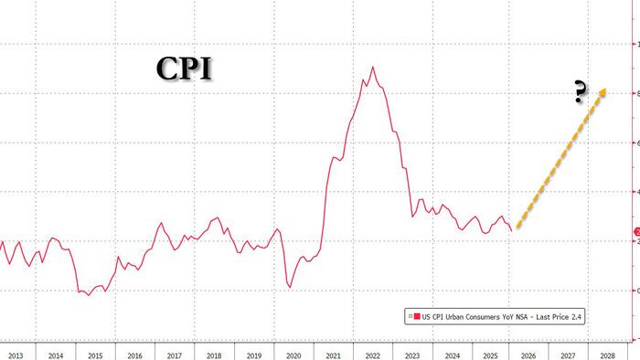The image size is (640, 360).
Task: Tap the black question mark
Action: (579, 93)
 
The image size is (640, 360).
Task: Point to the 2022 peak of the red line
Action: (372, 67)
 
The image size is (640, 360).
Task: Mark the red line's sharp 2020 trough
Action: (290, 287)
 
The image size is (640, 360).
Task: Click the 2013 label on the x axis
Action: (14, 354)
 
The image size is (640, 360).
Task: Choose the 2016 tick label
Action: (133, 354)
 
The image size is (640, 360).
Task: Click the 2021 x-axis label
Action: (332, 354)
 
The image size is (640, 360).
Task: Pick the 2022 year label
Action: (371, 354)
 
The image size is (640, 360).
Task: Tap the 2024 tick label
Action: (451, 354)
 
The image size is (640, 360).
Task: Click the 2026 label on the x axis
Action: (530, 354)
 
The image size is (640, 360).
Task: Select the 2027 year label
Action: (570, 354)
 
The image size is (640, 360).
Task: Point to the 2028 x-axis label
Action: (609, 354)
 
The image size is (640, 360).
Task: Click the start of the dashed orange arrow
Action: (517, 226)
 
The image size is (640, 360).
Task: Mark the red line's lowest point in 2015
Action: (89, 295)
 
